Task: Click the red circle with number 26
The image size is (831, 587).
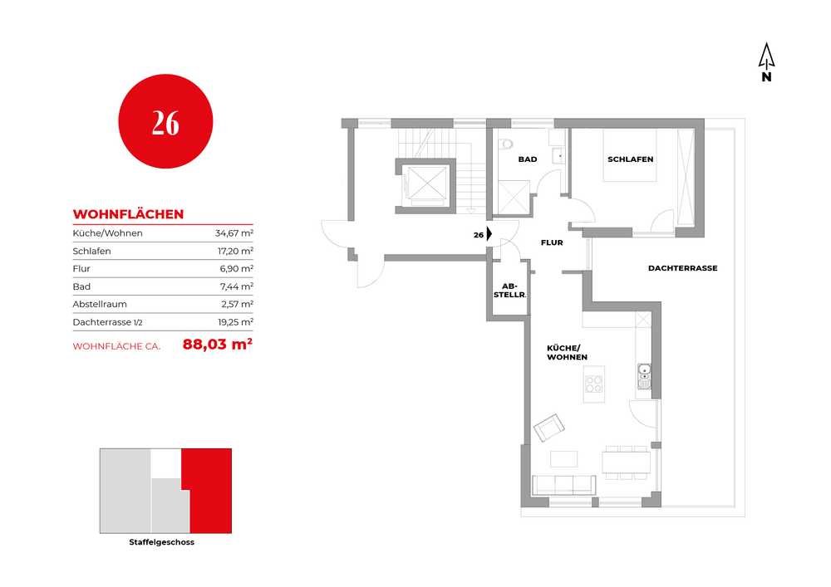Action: [165, 121]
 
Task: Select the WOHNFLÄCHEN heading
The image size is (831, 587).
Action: [128, 214]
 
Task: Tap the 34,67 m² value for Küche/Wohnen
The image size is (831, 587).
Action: [234, 233]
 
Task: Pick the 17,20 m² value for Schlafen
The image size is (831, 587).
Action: [235, 251]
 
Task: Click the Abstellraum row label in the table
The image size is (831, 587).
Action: [100, 304]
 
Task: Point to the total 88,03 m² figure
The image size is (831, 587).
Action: [217, 344]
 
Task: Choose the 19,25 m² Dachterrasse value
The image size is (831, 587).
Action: [235, 322]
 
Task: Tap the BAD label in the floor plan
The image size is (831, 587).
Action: [528, 159]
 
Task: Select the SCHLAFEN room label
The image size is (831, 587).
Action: [630, 159]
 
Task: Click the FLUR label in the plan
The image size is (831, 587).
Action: [552, 242]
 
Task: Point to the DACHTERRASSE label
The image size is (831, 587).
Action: [682, 268]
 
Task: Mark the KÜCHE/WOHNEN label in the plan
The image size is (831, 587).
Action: [567, 353]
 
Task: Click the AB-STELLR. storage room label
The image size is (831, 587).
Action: [509, 291]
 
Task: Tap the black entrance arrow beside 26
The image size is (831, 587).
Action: [489, 234]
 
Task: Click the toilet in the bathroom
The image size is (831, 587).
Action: [506, 144]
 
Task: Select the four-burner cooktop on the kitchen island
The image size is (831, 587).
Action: [593, 384]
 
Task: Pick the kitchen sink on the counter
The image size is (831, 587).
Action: [644, 376]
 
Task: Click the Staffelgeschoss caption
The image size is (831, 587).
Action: [162, 542]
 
